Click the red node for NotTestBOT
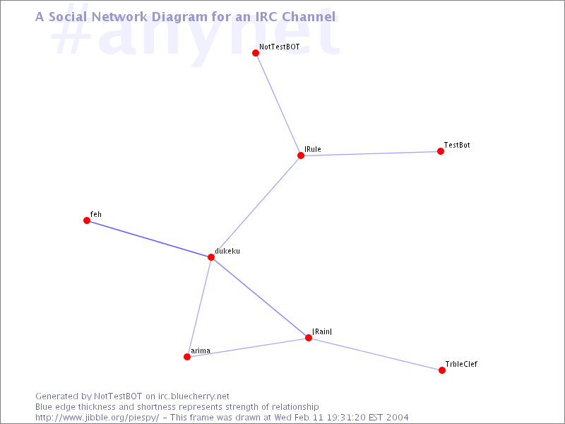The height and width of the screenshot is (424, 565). [x=256, y=53]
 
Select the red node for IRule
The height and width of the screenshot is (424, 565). [x=301, y=155]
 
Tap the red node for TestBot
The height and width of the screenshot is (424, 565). [x=440, y=151]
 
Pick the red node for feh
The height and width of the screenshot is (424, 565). [x=87, y=220]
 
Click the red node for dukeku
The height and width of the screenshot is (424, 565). [x=211, y=257]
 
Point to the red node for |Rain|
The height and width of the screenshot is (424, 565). [x=309, y=338]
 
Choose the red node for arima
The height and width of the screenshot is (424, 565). [x=187, y=357]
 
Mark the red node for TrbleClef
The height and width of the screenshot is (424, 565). [x=442, y=370]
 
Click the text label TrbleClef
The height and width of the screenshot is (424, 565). [x=461, y=364]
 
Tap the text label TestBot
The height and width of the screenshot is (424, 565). [x=457, y=145]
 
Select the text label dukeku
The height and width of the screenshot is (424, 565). [x=227, y=251]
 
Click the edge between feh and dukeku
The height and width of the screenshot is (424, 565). [x=149, y=239]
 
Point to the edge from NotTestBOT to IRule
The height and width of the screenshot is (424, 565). [x=278, y=104]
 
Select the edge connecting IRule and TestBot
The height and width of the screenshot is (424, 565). [x=370, y=153]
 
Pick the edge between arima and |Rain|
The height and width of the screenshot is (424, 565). [x=248, y=347]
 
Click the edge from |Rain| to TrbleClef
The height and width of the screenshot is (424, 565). [x=375, y=354]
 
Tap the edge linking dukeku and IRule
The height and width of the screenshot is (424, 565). [x=256, y=206]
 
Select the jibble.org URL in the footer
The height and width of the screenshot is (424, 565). [x=97, y=418]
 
